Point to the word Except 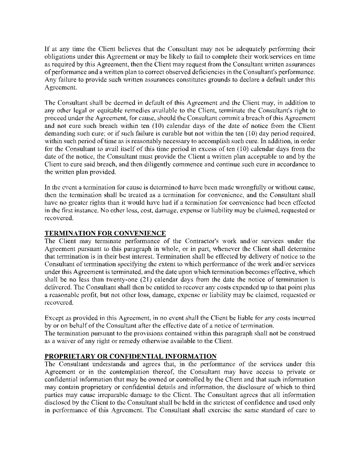pos(53,318)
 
